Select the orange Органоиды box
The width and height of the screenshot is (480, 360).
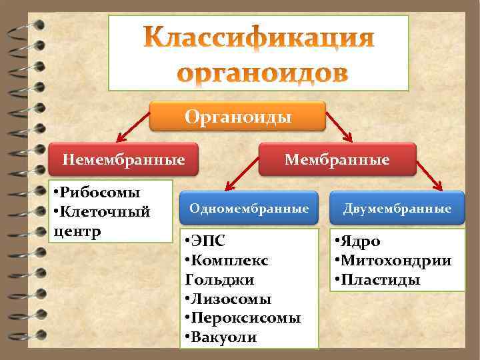coord(238,117)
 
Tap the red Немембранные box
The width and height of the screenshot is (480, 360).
coord(123,160)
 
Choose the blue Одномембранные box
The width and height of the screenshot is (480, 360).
coord(249,209)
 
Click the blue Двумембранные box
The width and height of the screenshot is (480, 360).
coord(397,209)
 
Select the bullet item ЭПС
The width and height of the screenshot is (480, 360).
coord(211,241)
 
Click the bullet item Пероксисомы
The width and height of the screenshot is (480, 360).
coord(243,318)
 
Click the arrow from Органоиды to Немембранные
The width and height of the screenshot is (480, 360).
coord(133,131)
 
